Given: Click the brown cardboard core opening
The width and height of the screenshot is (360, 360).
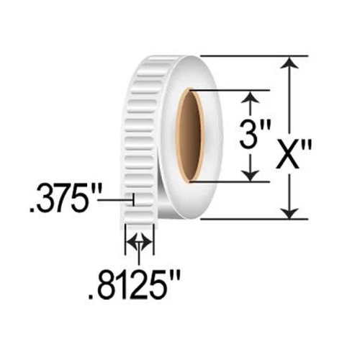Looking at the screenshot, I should coord(191,135).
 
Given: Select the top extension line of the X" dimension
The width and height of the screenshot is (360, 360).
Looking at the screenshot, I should coord(252,55).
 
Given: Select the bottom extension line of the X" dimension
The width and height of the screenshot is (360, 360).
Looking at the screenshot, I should coord(252,218).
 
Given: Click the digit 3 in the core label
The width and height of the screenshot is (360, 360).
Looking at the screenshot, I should coord(246,136).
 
